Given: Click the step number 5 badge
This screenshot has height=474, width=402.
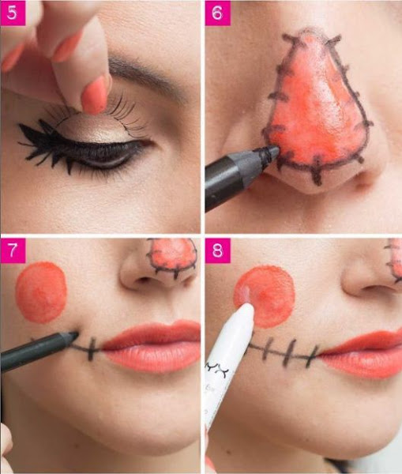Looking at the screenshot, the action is tap(13, 13).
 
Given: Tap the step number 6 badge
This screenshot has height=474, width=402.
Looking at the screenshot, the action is tap(217, 13).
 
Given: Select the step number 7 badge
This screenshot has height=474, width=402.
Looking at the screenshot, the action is tap(13, 250).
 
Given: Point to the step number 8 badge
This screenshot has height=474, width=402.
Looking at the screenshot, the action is tap(217, 250).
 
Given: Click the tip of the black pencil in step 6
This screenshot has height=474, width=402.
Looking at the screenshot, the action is tap(276, 149).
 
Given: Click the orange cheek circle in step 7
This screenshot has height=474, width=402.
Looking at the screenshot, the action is tap(41, 292).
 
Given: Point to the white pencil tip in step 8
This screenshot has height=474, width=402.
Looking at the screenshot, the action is tap(246, 306).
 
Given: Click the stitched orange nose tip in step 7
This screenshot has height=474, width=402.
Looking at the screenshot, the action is tap(172, 257).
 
